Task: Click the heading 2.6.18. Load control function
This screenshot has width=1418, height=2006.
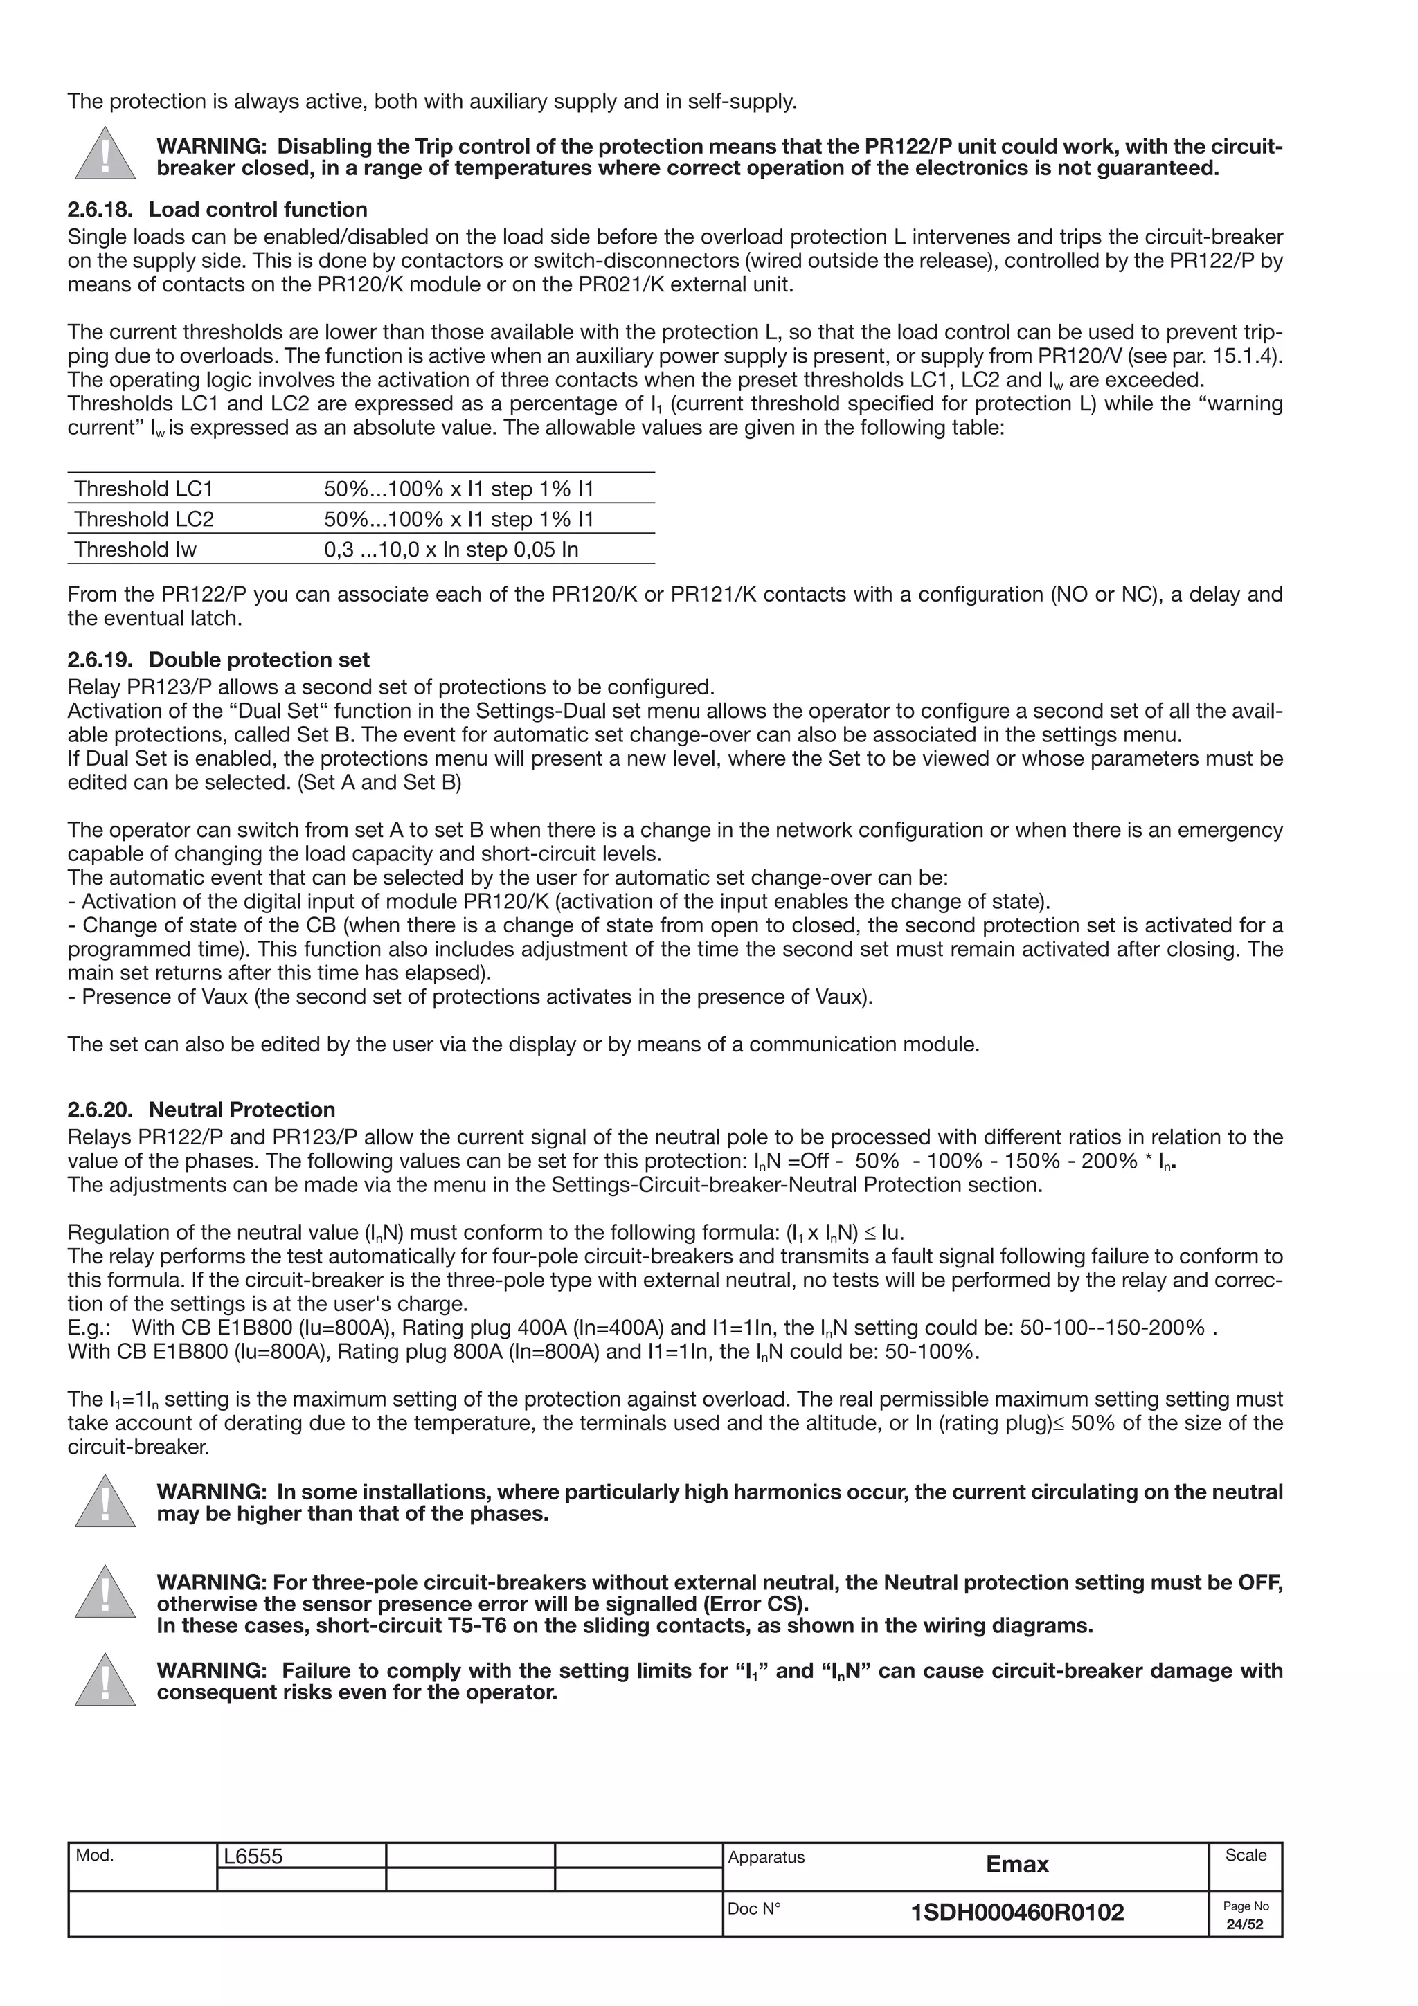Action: (217, 210)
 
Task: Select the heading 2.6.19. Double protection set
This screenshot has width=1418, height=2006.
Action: (218, 660)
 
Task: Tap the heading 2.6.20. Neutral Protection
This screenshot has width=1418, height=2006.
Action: (201, 1110)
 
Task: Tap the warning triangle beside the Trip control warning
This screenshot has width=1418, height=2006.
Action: (105, 154)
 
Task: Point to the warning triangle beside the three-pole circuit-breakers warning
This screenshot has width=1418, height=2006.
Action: (105, 1593)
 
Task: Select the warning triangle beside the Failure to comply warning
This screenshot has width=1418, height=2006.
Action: (105, 1680)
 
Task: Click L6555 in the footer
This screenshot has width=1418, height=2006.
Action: (253, 1856)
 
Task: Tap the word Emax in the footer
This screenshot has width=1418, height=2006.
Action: (1017, 1865)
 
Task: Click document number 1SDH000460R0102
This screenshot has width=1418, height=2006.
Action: (1017, 1913)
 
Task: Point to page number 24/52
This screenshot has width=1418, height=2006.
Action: (1245, 1925)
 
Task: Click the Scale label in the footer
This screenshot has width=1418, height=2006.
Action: (1245, 1855)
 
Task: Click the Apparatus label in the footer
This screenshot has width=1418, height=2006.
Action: (766, 1856)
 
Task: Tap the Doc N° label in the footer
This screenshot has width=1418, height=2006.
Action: (753, 1909)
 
